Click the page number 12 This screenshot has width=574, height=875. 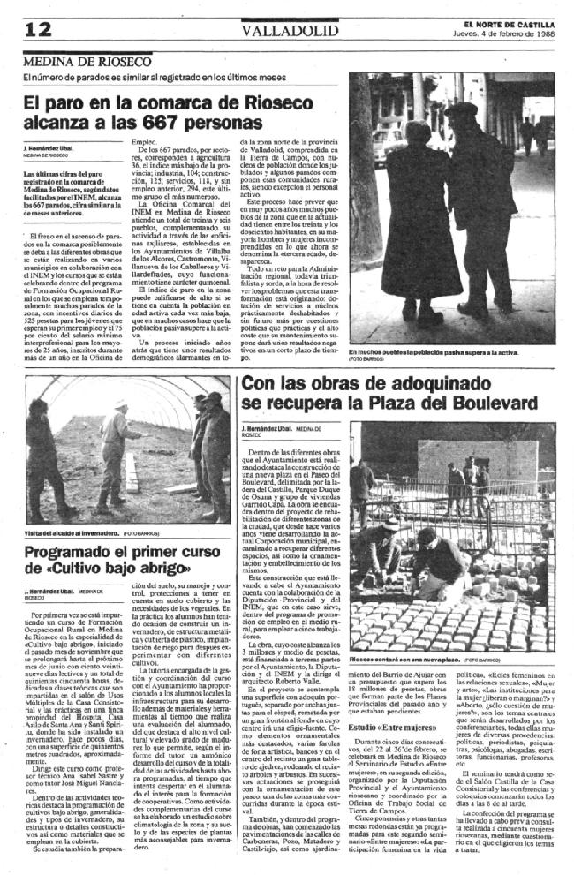[x=38, y=28]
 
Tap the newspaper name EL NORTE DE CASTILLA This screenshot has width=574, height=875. [x=508, y=23]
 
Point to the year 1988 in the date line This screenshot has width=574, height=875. [x=545, y=34]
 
